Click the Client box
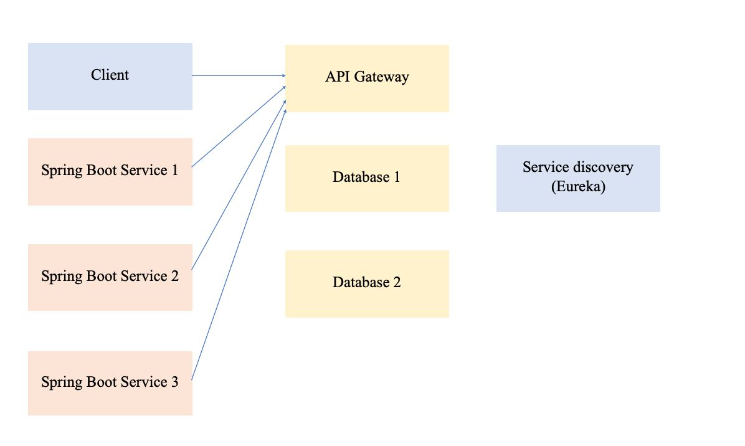(x=110, y=76)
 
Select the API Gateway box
(x=367, y=78)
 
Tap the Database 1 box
(x=367, y=178)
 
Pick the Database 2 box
(x=367, y=283)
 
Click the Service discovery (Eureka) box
(x=577, y=178)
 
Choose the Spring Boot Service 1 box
(x=110, y=171)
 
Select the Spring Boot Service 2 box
(x=110, y=277)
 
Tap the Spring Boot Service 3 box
(x=110, y=382)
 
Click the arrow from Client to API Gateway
(x=238, y=76)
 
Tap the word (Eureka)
(x=578, y=187)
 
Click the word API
(x=336, y=77)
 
